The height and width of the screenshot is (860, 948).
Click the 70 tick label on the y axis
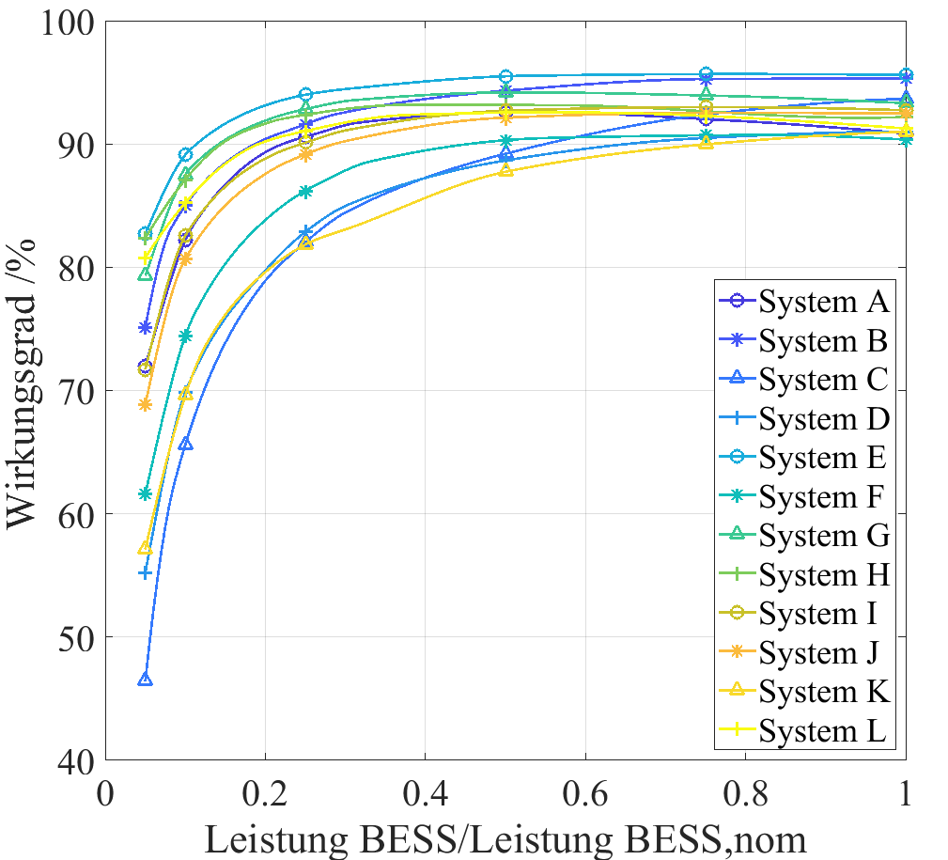coord(73,391)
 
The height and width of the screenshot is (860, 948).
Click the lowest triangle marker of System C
coord(146,680)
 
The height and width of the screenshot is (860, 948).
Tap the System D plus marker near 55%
coord(146,572)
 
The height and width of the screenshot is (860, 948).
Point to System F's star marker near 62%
coord(146,493)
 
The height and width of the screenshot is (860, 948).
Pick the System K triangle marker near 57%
coord(146,548)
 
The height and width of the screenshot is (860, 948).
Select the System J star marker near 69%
coord(146,404)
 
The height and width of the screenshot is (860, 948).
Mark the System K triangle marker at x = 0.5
coord(505,169)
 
